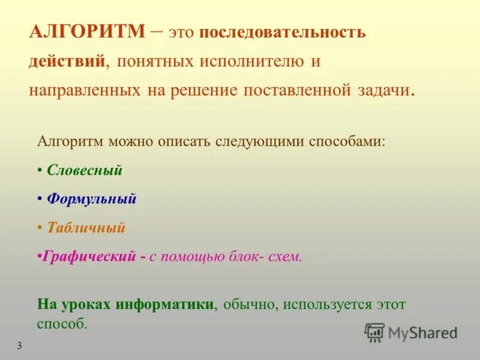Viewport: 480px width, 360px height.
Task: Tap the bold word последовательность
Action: (282, 32)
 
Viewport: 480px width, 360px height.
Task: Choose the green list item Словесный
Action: (85, 170)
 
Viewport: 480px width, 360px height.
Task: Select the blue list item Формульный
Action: (92, 199)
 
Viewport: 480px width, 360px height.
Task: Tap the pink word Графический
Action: (89, 257)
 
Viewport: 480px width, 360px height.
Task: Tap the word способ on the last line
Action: (62, 323)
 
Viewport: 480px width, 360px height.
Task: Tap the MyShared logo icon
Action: (374, 332)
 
